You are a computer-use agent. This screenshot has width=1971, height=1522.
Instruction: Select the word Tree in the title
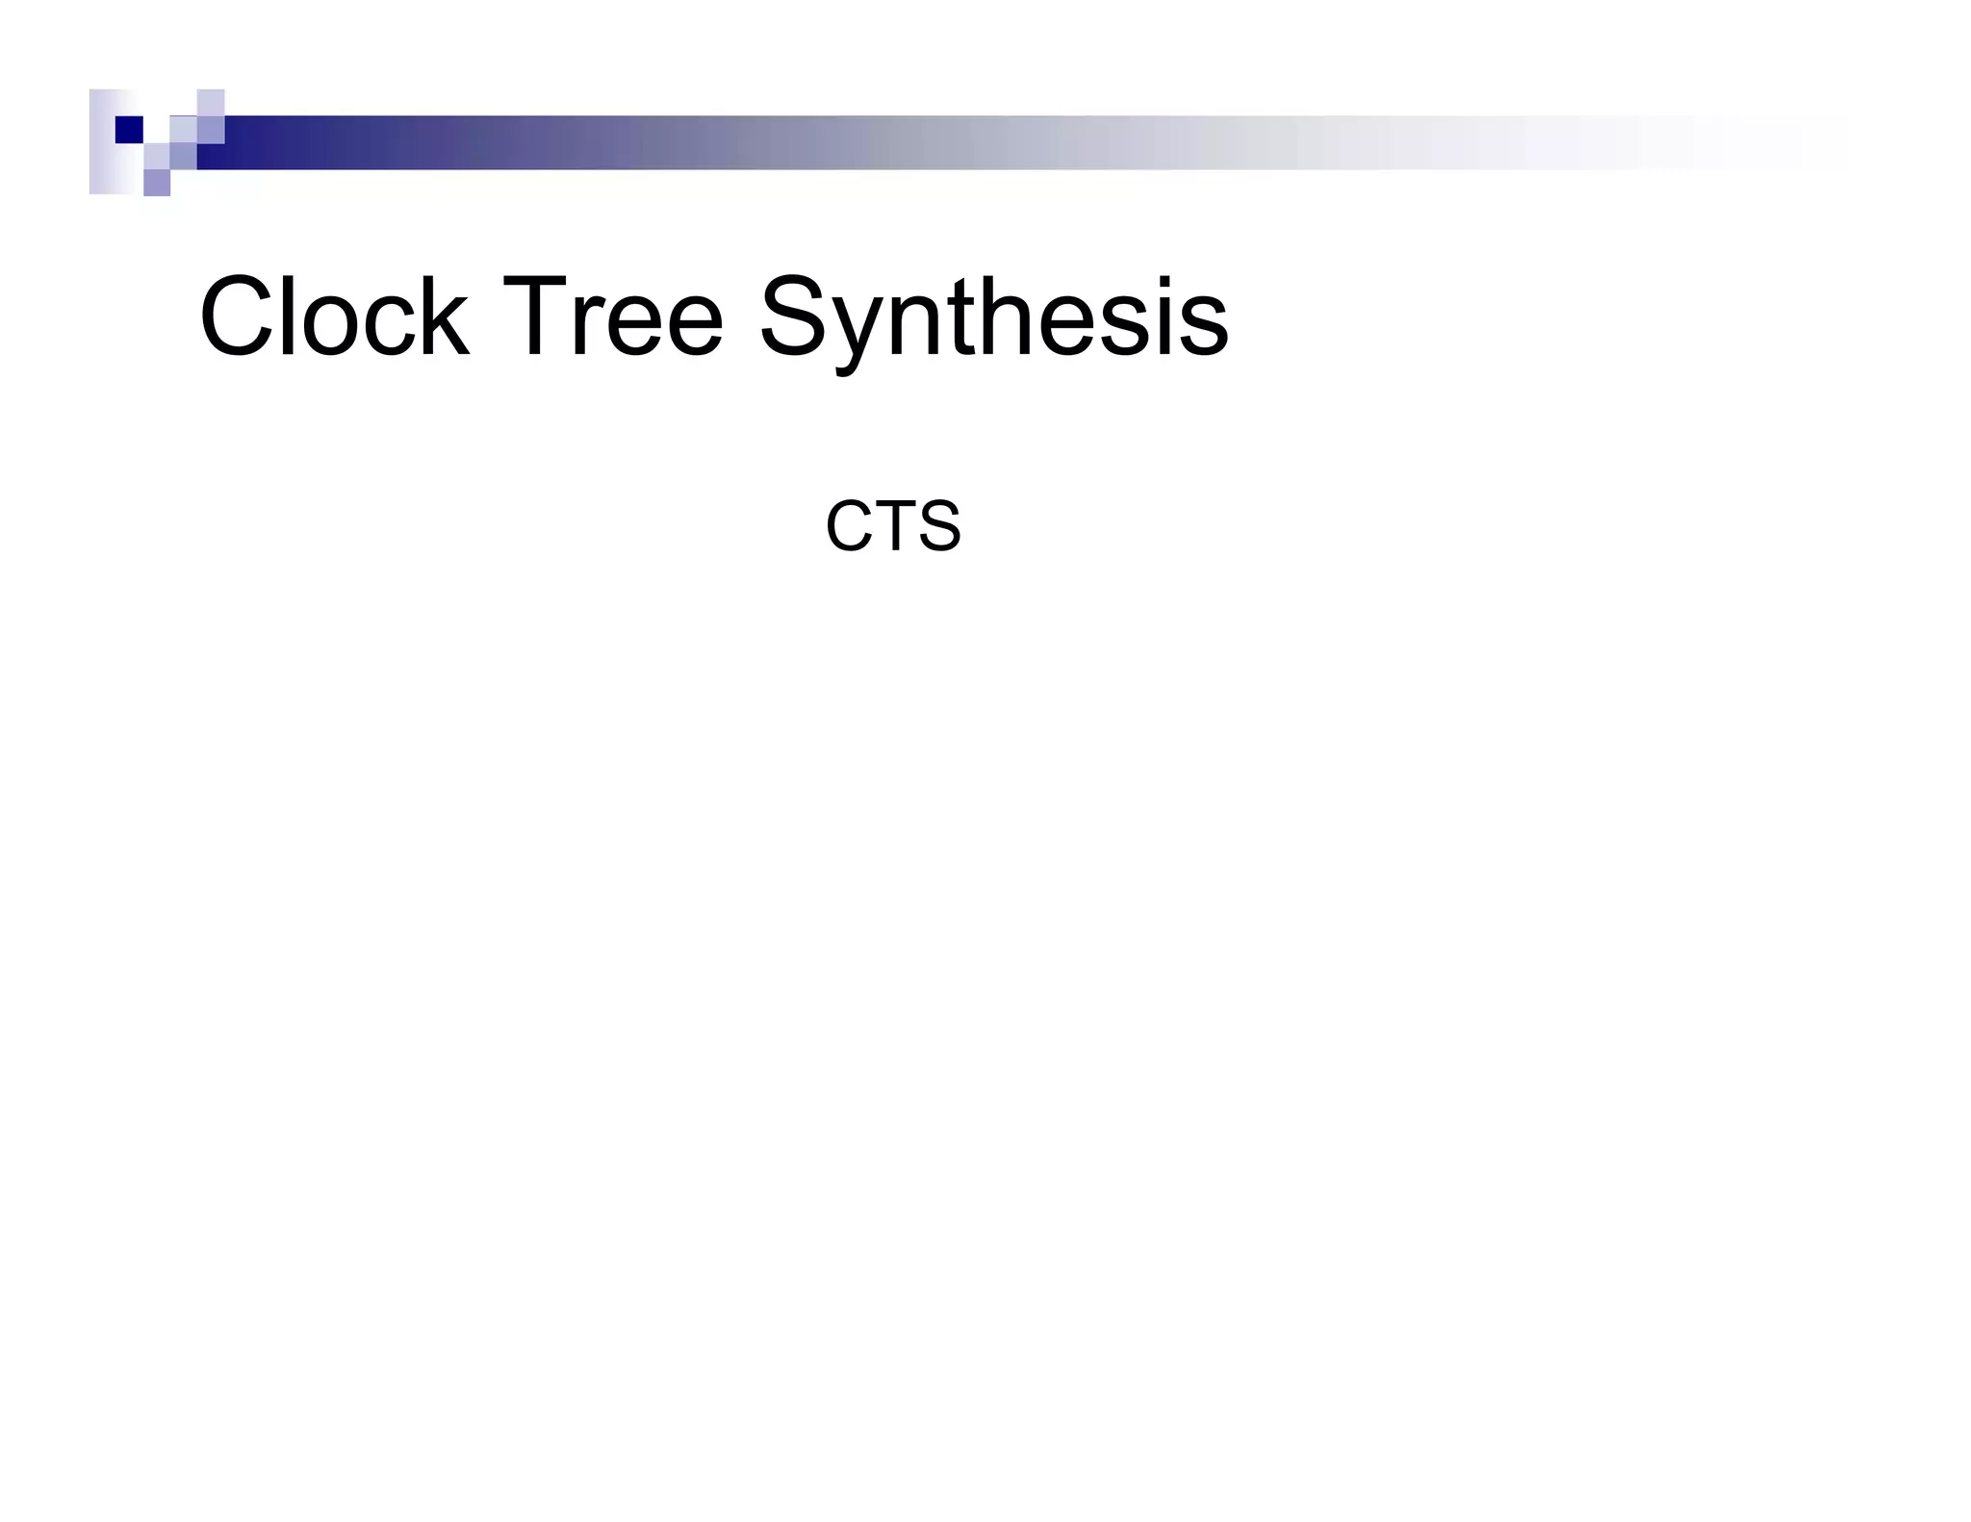pos(611,317)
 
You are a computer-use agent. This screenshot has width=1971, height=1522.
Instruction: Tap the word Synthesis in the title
pos(993,318)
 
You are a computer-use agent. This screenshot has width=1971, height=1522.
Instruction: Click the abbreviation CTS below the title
pos(893,526)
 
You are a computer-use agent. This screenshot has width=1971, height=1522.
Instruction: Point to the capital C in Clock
pos(237,317)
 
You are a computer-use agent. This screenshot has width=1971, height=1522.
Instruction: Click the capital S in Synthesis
pos(798,317)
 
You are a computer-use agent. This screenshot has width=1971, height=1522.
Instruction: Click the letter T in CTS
pos(893,526)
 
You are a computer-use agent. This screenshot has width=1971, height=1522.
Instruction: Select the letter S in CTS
pos(937,526)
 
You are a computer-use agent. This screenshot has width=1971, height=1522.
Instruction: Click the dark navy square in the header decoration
pos(129,129)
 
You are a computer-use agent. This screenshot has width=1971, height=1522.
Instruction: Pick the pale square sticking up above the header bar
pos(211,102)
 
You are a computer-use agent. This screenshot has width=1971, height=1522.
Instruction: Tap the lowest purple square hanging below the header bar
pos(157,183)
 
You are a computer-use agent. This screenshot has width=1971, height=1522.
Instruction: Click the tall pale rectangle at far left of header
pos(102,141)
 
